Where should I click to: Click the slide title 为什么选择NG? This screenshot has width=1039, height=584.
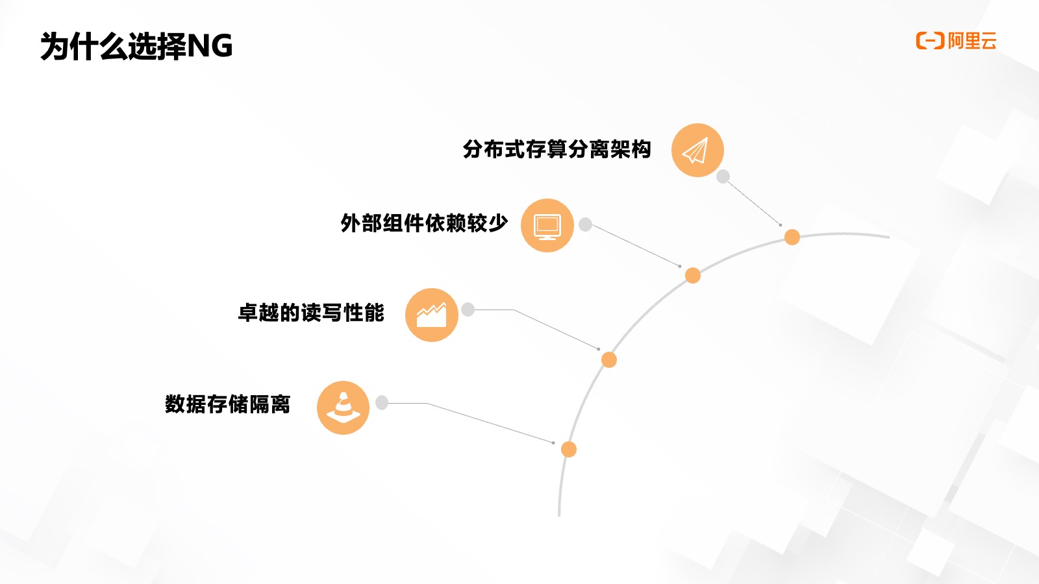[x=136, y=46]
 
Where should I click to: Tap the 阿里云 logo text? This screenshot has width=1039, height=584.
[x=971, y=41]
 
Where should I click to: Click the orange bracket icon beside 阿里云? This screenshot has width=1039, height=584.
[x=929, y=41]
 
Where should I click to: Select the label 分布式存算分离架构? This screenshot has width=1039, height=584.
[x=557, y=149]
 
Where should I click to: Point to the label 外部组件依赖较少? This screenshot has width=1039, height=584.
[x=423, y=223]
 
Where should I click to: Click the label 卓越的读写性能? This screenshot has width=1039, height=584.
[x=311, y=313]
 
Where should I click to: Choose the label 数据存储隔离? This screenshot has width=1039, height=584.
[x=227, y=404]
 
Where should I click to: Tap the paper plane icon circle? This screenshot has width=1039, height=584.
[x=697, y=151]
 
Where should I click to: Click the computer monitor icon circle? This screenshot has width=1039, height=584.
[x=547, y=225]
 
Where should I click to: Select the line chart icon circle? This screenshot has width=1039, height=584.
[x=431, y=315]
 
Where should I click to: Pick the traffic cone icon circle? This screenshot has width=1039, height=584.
[x=343, y=408]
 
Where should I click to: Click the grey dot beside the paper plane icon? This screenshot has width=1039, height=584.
[x=723, y=176]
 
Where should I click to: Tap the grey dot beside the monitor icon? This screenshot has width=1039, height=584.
[x=585, y=225]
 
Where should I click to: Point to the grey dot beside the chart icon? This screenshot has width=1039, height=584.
[x=468, y=310]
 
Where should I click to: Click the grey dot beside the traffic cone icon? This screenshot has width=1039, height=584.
[x=382, y=403]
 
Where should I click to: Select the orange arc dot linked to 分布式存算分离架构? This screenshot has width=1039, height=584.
[x=792, y=237]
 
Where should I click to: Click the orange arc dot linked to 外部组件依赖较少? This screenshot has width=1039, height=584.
[x=693, y=276]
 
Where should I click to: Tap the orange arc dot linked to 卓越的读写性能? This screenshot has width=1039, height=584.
[x=608, y=359]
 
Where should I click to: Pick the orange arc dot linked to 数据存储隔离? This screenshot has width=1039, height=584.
[x=568, y=449]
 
